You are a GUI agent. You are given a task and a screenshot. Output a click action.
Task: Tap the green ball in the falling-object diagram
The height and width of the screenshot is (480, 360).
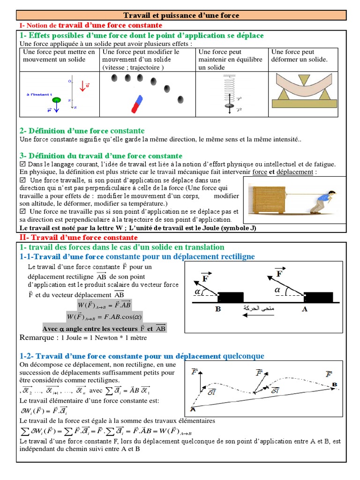pyautogui.click(x=57, y=100)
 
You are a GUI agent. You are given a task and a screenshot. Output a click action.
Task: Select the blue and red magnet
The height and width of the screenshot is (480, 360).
pyautogui.click(x=137, y=105)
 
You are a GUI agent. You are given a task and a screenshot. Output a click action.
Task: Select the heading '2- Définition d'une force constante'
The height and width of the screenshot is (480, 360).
pyautogui.click(x=82, y=131)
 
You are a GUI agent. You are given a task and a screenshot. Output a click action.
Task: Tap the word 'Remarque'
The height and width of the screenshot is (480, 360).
pyautogui.click(x=37, y=337)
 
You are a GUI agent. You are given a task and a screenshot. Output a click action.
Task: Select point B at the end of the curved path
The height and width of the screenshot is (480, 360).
pyautogui.click(x=335, y=384)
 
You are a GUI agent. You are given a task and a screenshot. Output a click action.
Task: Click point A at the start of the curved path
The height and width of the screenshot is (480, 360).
pyautogui.click(x=192, y=409)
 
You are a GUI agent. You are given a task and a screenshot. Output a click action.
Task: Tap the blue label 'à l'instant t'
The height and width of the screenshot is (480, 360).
pyautogui.click(x=39, y=94)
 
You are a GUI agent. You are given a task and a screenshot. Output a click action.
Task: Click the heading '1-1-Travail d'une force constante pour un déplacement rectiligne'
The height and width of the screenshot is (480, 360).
pyautogui.click(x=137, y=256)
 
